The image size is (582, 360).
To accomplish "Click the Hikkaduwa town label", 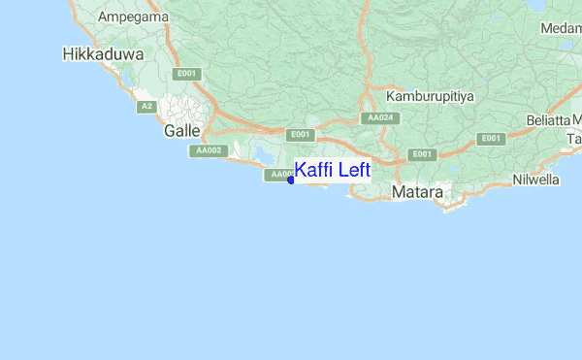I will [x=102, y=54].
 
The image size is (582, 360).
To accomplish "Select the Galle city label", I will [x=182, y=129].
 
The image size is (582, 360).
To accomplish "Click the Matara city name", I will [x=417, y=193].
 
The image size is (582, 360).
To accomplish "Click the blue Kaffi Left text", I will [x=332, y=171].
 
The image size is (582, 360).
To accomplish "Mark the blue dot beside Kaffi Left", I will [x=291, y=180].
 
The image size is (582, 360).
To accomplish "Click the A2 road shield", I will [x=146, y=106].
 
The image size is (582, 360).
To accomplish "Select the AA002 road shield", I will [x=209, y=150].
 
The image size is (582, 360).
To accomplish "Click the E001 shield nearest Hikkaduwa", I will [x=186, y=74].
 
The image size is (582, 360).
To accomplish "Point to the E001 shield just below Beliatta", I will [x=492, y=139].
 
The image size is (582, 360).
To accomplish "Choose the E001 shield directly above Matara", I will [x=421, y=154].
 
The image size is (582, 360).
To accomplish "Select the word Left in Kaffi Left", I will [x=353, y=171].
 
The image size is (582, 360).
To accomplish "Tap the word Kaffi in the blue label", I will [x=314, y=171].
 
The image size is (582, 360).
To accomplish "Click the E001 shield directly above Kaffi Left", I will [x=301, y=135].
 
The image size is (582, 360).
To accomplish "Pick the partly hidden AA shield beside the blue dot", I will [x=277, y=175].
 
